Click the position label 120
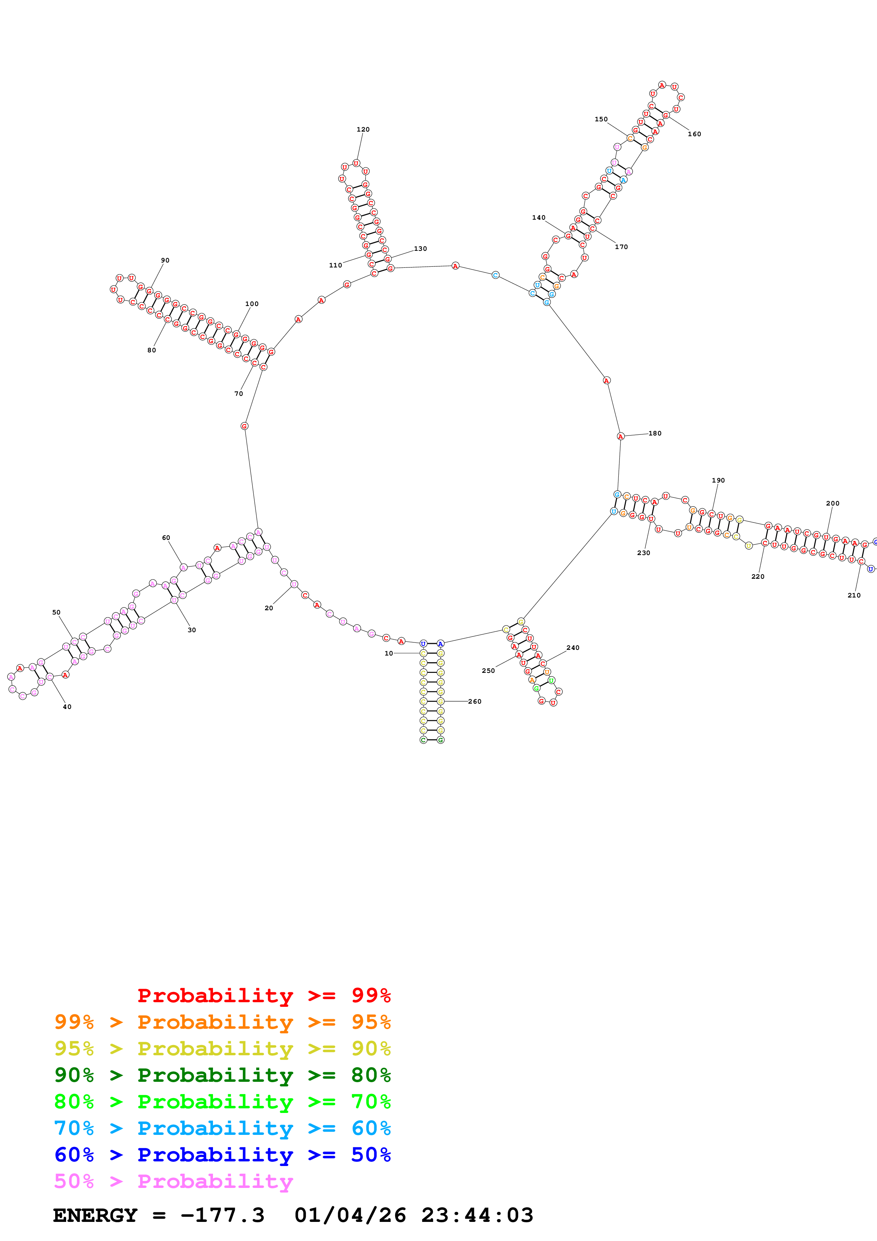pos(363,130)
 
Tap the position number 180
pos(655,433)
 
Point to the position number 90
pos(165,260)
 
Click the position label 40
pos(67,707)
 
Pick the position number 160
pos(694,134)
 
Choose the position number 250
pos(488,671)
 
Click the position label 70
pos(239,394)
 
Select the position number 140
pos(539,218)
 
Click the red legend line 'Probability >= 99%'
pos(264,995)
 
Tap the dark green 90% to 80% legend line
pos(222,1075)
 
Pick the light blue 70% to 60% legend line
pos(222,1129)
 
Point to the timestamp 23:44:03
pos(477,1216)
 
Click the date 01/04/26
pos(350,1216)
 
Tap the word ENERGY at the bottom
pos(95,1216)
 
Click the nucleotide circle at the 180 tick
pos(620,436)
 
